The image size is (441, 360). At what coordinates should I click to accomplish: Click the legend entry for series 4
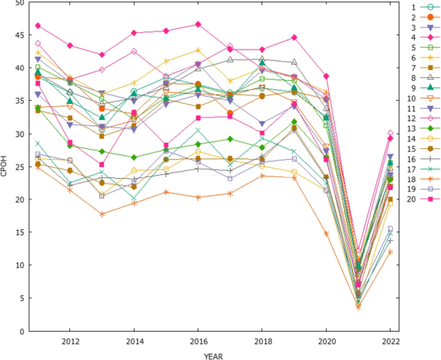click(424, 37)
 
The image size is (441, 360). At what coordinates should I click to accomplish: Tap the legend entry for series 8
click(424, 78)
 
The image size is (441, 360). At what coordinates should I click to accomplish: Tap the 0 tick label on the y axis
click(24, 332)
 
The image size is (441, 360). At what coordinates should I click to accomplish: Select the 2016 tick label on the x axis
click(198, 341)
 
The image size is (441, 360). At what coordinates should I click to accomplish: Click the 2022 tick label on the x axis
click(391, 341)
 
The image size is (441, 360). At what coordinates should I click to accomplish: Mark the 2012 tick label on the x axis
click(70, 341)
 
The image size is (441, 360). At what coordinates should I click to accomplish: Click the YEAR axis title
click(213, 356)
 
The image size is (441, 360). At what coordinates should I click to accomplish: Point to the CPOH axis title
click(3, 166)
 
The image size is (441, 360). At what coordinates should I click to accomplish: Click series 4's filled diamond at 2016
click(198, 24)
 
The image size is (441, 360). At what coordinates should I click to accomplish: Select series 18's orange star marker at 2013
click(102, 214)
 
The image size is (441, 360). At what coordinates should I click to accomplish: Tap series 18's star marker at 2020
click(326, 234)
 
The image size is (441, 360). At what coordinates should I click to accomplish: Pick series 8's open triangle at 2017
click(230, 59)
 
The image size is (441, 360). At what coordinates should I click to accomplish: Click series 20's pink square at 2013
click(102, 165)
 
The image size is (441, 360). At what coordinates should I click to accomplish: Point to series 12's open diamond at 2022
click(390, 133)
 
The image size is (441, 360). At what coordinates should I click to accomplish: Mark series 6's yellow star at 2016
click(198, 50)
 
